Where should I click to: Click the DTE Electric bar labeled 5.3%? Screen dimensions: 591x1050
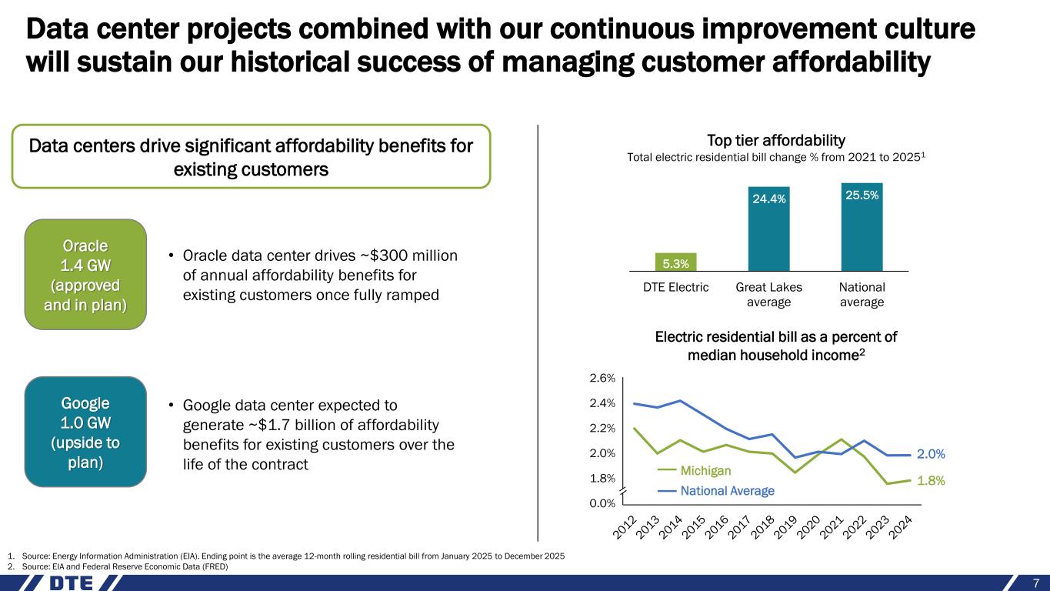point(676,262)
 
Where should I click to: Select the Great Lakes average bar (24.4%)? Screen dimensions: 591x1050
point(768,229)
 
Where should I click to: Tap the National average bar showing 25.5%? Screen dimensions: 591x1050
point(862,227)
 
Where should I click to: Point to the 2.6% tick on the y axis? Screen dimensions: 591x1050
point(603,379)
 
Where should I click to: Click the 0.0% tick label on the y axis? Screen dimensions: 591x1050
point(603,503)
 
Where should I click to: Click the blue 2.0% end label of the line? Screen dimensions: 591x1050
point(930,454)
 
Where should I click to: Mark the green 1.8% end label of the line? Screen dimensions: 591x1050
point(930,480)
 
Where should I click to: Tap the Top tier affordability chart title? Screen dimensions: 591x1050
point(775,140)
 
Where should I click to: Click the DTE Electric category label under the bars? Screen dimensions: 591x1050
point(676,287)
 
